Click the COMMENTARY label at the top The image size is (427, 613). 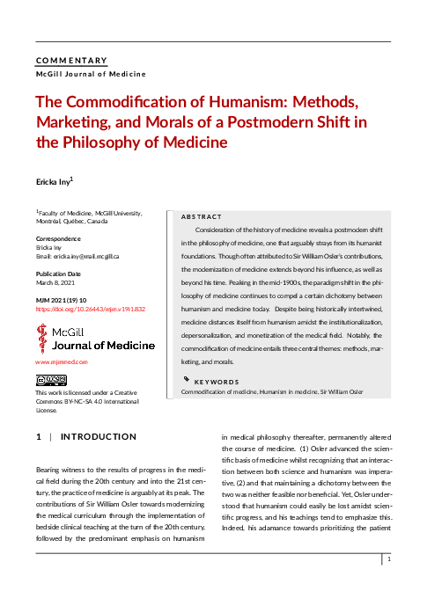(x=71, y=61)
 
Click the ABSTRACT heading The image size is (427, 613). (x=201, y=216)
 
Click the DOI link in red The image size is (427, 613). (x=90, y=310)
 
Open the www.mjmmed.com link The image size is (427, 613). (x=62, y=361)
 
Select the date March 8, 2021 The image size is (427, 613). (x=55, y=283)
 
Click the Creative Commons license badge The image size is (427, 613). (x=51, y=380)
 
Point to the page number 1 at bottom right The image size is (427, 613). (x=388, y=558)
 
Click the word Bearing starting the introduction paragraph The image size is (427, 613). (x=50, y=473)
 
